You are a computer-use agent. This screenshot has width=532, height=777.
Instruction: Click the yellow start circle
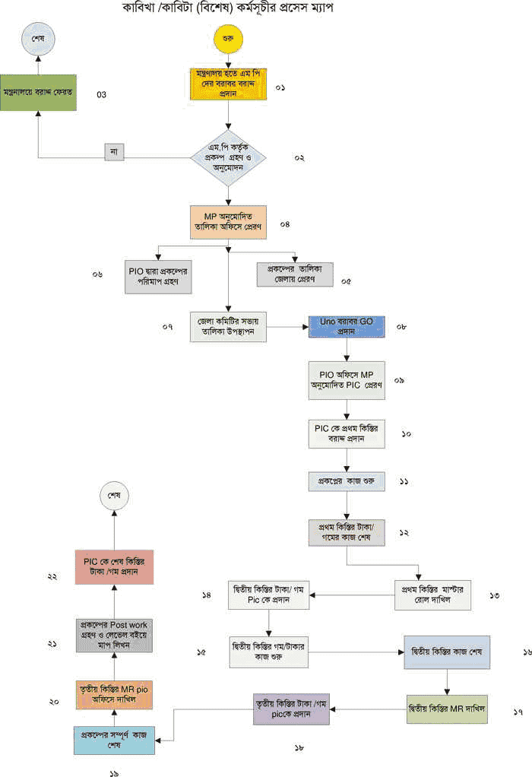pos(228,38)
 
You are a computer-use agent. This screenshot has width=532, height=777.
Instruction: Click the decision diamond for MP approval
pos(228,158)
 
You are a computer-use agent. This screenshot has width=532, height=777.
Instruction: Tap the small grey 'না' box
pos(115,151)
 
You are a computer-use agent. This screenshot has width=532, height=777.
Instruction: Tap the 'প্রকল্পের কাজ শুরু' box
pos(347,482)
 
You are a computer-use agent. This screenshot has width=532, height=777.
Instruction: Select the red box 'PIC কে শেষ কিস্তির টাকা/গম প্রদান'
pos(114,566)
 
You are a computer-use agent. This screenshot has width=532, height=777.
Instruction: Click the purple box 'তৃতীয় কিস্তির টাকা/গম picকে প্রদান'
pos(290,709)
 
